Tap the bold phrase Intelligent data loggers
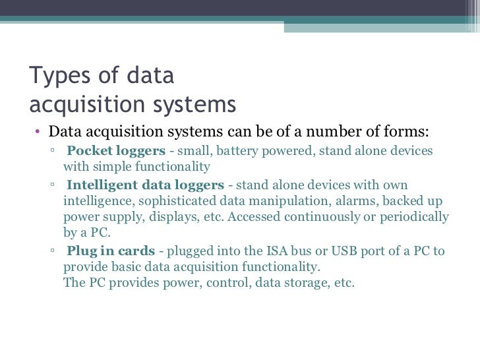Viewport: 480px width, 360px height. (145, 185)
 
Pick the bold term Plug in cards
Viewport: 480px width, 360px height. (111, 251)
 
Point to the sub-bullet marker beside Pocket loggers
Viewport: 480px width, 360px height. (52, 152)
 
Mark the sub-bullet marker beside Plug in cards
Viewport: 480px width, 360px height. (52, 252)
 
